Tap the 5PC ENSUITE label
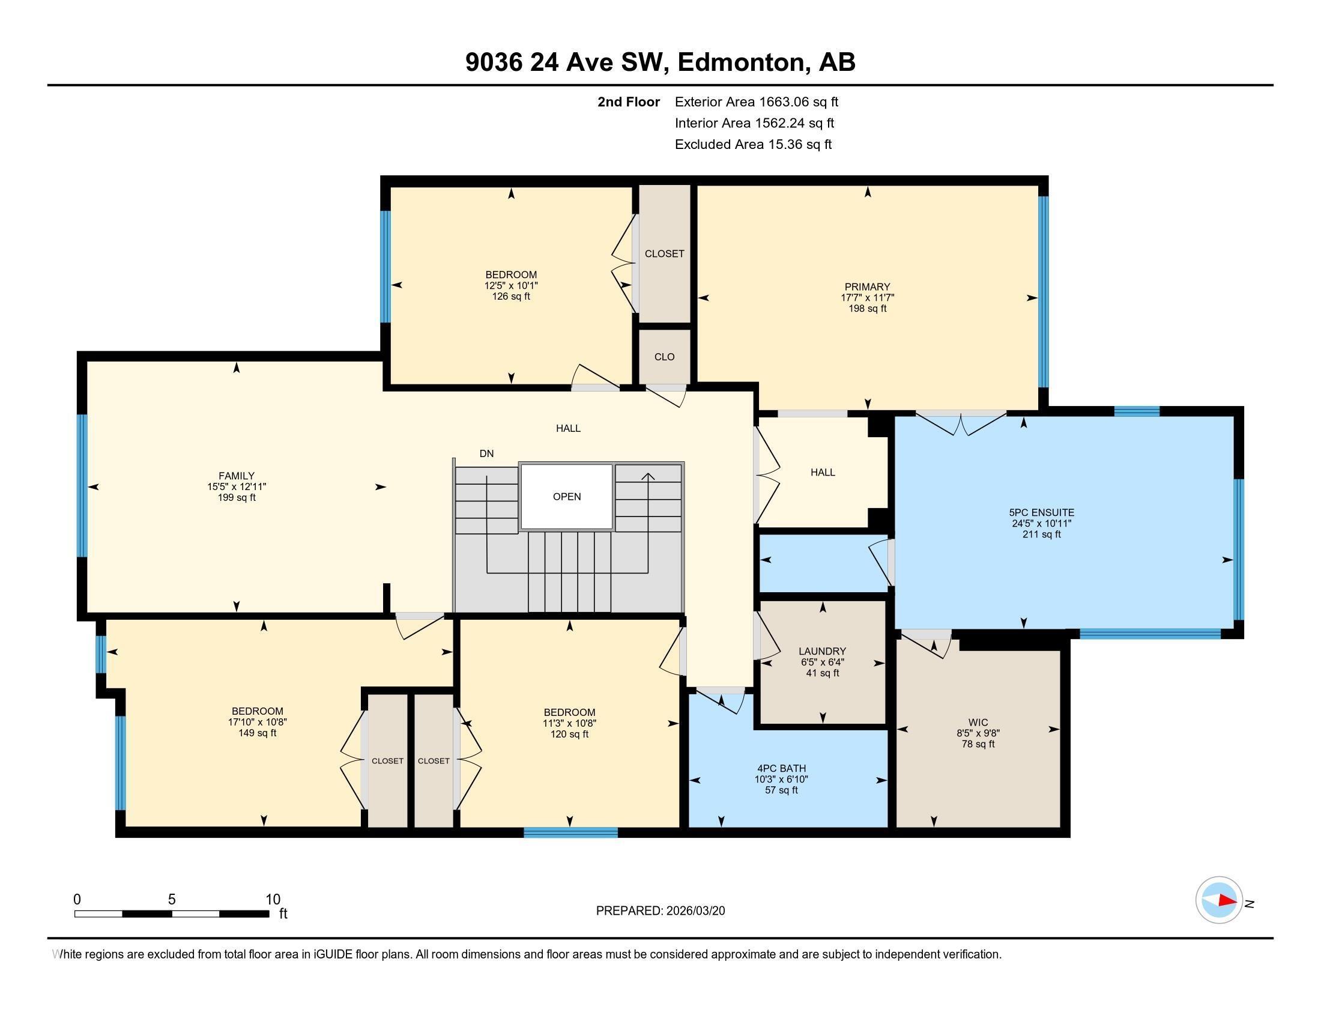pos(1043,512)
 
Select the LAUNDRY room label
pos(821,652)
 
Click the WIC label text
pos(978,722)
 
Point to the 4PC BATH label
pos(781,768)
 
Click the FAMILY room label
pos(236,476)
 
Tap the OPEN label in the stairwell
pos(567,497)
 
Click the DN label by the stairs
pos(486,453)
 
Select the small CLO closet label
pos(664,357)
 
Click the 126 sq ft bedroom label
pos(510,296)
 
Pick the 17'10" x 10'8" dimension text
pos(257,722)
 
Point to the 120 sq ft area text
pos(569,735)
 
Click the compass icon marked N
pos(1219,900)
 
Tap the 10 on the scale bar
pos(273,900)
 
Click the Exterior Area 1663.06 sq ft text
pos(756,102)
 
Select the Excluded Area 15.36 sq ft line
pos(753,145)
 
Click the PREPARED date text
pos(660,911)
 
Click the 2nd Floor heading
pos(628,102)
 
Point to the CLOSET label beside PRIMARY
pos(664,254)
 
